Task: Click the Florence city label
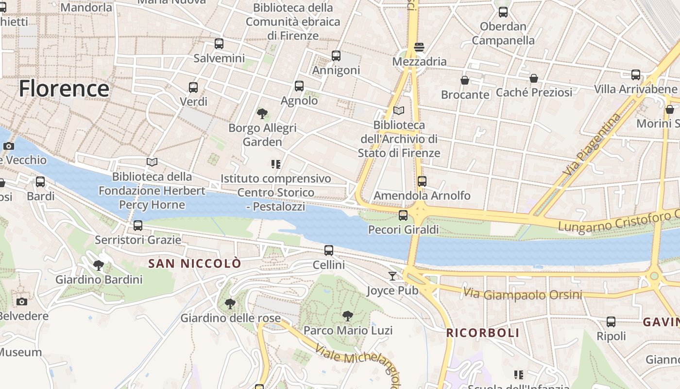[64, 89]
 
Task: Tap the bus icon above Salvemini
[219, 44]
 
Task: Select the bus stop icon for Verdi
[193, 88]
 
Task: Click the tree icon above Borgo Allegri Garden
[262, 114]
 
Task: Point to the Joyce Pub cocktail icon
[392, 276]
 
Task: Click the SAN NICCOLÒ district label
[194, 264]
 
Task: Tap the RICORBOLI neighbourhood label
[483, 333]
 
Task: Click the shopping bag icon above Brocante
[465, 80]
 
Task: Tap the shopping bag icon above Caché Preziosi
[534, 78]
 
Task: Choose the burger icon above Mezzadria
[419, 47]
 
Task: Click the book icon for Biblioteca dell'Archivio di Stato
[399, 111]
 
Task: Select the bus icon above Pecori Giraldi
[403, 215]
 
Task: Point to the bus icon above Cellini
[329, 250]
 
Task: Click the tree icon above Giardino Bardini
[99, 265]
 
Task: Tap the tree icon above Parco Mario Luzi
[347, 316]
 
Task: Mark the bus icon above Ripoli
[611, 322]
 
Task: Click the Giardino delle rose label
[230, 318]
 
